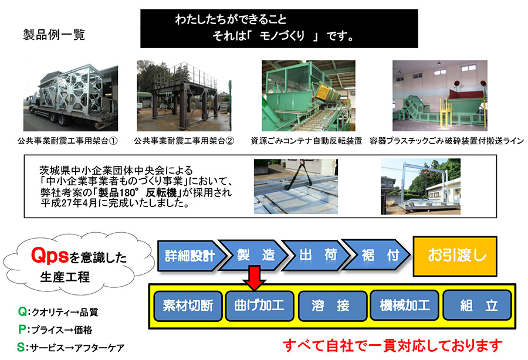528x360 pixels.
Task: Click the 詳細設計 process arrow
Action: tap(191, 256)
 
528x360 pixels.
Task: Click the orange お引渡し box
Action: tap(455, 256)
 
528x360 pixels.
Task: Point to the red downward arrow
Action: tap(255, 278)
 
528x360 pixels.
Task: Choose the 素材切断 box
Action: tap(188, 306)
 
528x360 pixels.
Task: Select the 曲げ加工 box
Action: tap(259, 306)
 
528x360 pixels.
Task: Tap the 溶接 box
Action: tap(333, 306)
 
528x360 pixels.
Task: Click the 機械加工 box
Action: tap(404, 306)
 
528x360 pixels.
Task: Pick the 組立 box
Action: tap(478, 306)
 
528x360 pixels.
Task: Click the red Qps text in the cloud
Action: tap(50, 256)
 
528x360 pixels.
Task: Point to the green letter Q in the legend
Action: tap(22, 312)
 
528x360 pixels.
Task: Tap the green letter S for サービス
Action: tap(21, 348)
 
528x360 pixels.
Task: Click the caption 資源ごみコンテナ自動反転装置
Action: tap(306, 141)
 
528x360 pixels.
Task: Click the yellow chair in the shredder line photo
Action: tap(446, 114)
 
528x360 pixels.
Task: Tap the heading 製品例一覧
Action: tap(54, 35)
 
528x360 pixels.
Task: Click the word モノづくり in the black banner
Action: tap(282, 36)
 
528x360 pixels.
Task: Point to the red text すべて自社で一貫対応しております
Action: tap(392, 345)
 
